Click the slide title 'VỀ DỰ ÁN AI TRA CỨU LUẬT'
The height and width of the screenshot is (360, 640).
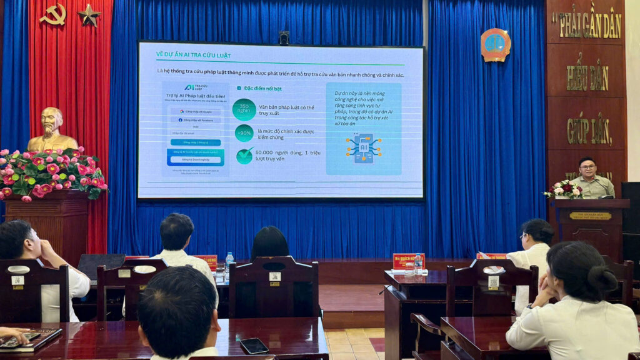point(193,56)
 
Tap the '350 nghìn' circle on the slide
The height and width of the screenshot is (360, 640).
point(244,109)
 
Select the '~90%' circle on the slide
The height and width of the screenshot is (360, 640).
point(244,133)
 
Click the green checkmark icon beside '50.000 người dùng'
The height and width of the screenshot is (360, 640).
point(244,155)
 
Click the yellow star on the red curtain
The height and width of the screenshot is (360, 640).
point(89,15)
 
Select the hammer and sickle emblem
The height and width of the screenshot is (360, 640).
point(52,14)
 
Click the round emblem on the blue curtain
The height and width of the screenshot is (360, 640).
point(495,45)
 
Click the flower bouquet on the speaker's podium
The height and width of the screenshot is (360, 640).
point(563,189)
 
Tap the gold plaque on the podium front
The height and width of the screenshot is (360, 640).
point(589,216)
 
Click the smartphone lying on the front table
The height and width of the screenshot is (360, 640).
point(254,345)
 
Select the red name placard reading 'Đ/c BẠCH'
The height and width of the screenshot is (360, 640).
point(408,260)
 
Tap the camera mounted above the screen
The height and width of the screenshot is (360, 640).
point(284,37)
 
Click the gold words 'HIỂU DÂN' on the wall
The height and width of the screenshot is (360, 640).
point(587,77)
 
